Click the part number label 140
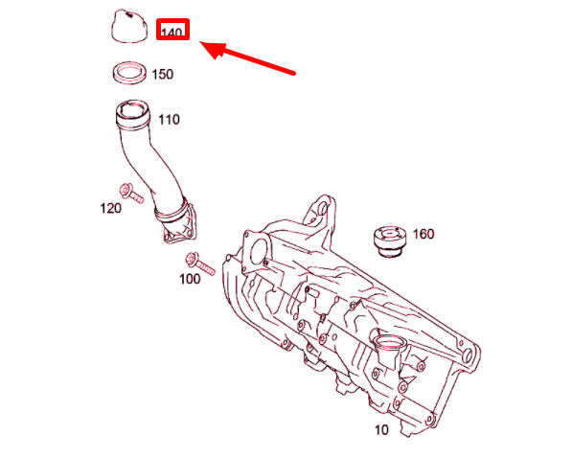click(x=172, y=31)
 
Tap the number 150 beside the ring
click(x=163, y=74)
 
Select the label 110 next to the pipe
click(x=169, y=120)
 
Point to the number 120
click(x=111, y=208)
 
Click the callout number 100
click(x=190, y=279)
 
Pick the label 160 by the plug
click(x=423, y=234)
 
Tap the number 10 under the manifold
click(x=381, y=430)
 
